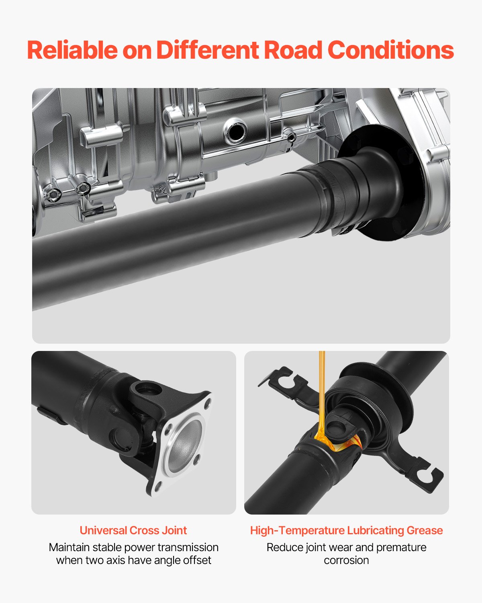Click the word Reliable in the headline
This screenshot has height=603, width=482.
(72, 50)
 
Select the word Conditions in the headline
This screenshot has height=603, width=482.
(390, 50)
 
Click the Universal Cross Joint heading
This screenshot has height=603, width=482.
(133, 530)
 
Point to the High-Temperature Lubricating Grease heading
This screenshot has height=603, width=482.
(346, 530)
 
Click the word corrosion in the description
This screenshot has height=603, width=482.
(346, 560)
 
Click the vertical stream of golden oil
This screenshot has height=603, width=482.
(321, 390)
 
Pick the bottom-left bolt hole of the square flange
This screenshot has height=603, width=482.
(157, 486)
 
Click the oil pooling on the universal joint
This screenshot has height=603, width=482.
(327, 442)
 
